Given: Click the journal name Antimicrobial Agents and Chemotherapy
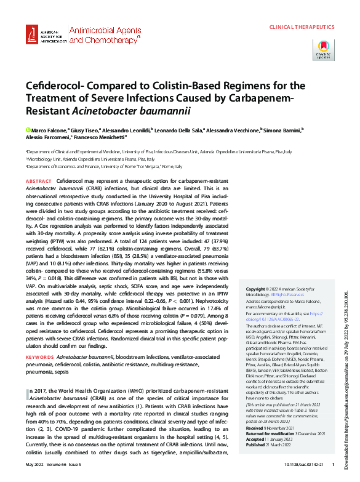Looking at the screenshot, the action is [105, 34].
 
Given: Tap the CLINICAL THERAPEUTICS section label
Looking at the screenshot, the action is [302, 28].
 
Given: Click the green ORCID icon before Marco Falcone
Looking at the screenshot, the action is [28, 131].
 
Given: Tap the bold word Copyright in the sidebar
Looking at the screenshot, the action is [257, 289].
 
